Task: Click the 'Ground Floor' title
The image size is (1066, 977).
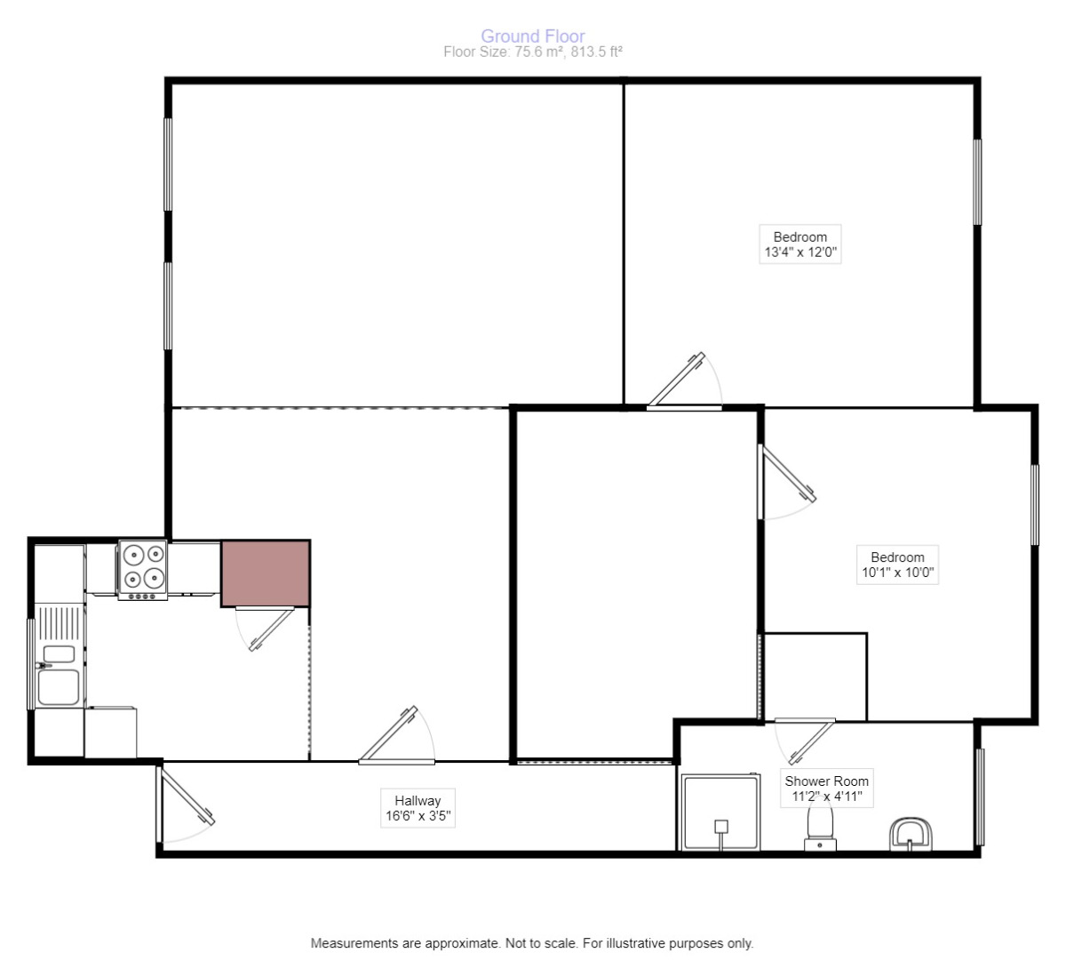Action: click(x=532, y=36)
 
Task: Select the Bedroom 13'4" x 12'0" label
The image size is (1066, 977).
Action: click(x=799, y=244)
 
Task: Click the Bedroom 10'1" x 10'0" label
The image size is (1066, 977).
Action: click(x=897, y=565)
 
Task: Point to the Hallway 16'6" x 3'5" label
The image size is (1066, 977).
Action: click(x=418, y=808)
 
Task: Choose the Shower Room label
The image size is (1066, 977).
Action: click(x=826, y=789)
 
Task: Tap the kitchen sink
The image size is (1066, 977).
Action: click(x=59, y=672)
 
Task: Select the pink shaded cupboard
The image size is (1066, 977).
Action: click(x=265, y=573)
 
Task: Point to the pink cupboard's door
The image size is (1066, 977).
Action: click(x=268, y=629)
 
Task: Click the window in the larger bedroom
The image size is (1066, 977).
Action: click(x=977, y=182)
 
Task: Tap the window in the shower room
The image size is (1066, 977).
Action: click(x=980, y=797)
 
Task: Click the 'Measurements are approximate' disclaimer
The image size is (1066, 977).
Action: click(x=531, y=943)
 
